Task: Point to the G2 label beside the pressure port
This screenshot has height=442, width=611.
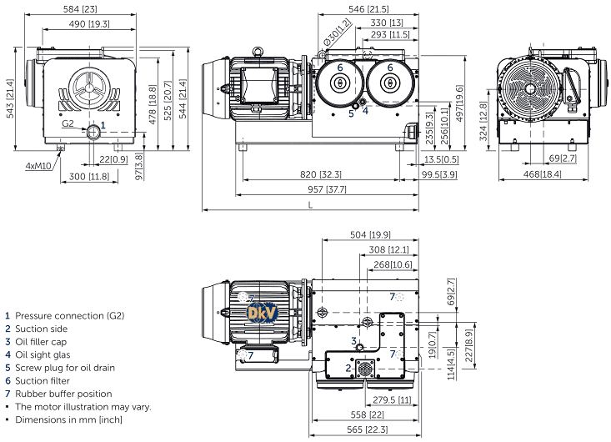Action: [68, 124]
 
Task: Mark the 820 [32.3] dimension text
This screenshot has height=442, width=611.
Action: [320, 174]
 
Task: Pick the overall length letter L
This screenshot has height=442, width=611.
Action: [310, 204]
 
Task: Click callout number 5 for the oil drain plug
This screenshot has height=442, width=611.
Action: [351, 113]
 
